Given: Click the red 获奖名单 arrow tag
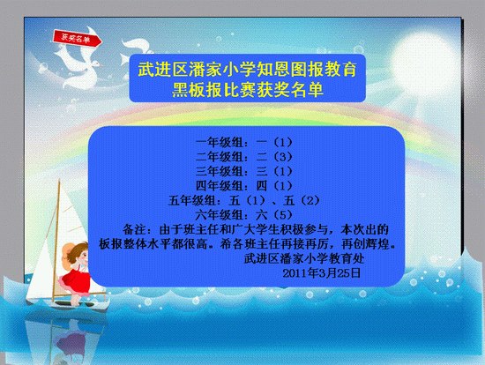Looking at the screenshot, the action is [x=78, y=39].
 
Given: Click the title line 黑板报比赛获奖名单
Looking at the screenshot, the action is [x=248, y=90].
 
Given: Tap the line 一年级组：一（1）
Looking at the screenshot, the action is [x=244, y=142].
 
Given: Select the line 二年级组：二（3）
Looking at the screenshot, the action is [x=244, y=157].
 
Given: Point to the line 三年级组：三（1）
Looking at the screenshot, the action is [x=244, y=171].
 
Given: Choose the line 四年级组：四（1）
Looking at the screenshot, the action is [x=244, y=186].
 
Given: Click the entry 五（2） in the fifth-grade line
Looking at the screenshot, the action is [x=302, y=200].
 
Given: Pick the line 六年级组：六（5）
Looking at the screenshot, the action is [x=244, y=214].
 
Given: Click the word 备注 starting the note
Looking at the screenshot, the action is [x=134, y=229].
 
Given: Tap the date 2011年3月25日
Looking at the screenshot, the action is [x=322, y=272].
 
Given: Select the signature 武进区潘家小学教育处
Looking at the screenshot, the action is [x=304, y=258].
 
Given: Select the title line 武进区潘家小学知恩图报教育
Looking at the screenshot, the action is [x=248, y=69].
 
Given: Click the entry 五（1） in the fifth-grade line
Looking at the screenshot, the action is [x=247, y=200].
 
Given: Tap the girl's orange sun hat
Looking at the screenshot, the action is [x=70, y=252].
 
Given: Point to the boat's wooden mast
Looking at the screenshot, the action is [x=56, y=242].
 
